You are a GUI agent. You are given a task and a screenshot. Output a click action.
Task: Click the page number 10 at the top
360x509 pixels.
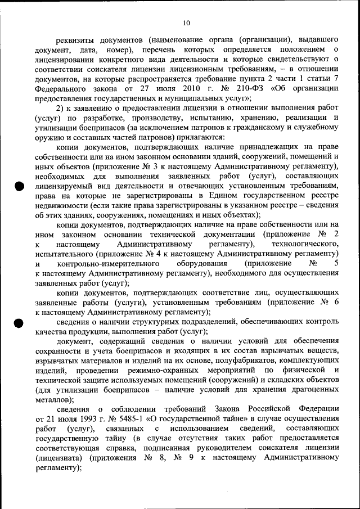pyautogui.click(x=187, y=22)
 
